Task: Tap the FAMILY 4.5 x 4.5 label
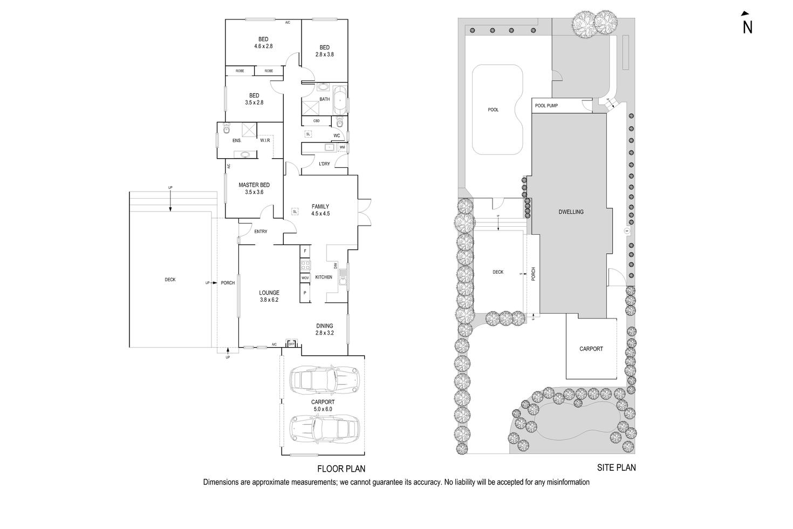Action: [320, 210]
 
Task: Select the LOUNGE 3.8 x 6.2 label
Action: [269, 296]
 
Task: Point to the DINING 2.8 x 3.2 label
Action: [324, 329]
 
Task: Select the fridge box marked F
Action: [305, 251]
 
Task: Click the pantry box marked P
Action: [305, 293]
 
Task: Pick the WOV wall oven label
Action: [305, 278]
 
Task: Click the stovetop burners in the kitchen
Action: [305, 265]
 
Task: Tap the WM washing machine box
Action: [342, 147]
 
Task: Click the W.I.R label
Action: [265, 140]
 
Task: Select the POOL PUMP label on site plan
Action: [546, 106]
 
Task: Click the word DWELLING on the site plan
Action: [571, 212]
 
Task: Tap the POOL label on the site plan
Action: [493, 110]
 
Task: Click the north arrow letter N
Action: [747, 27]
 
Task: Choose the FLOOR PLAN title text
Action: [338, 469]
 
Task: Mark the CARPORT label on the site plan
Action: [591, 349]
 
